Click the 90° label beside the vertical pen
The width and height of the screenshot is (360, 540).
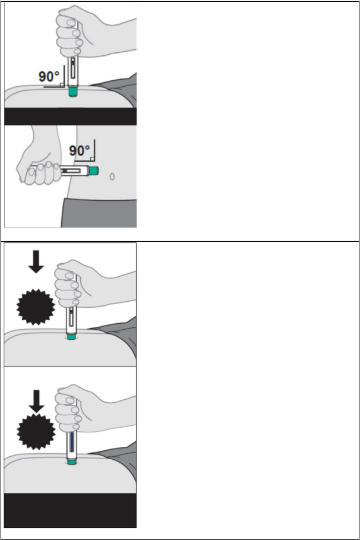[49, 76]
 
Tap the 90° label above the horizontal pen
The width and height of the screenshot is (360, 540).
[79, 150]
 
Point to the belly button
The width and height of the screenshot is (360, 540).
[112, 176]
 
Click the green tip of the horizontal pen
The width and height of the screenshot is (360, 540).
[94, 170]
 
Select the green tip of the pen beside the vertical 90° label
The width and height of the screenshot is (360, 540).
[72, 92]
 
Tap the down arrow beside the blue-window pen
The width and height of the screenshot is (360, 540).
[36, 401]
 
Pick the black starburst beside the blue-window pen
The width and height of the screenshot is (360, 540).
[36, 431]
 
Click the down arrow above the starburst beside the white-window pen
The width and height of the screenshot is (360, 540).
[36, 262]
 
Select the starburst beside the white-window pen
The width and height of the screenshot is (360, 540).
[36, 307]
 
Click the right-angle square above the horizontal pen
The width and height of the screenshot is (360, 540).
[92, 159]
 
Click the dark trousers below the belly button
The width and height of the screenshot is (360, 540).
[99, 213]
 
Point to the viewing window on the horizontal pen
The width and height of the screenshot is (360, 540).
[72, 170]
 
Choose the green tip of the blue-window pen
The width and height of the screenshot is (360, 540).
[71, 462]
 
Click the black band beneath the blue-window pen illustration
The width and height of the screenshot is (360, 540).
[70, 510]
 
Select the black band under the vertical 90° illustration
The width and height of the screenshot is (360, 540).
[70, 116]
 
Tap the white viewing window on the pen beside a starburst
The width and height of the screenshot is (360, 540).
[71, 317]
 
